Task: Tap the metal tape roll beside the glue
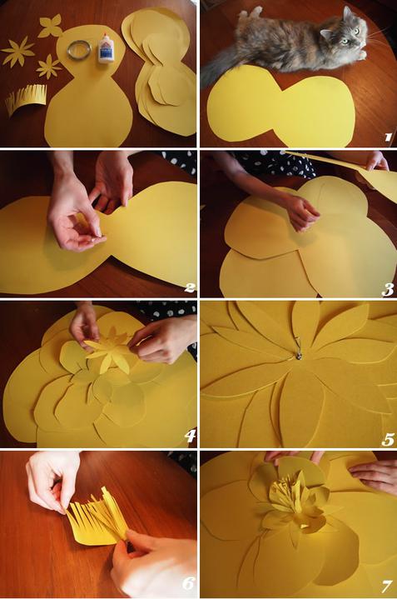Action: coord(80,50)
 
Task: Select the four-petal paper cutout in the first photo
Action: coord(50,26)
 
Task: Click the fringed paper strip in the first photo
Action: coord(27,100)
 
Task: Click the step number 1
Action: coord(388,137)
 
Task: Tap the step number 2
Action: coord(190,287)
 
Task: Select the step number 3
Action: coord(388,290)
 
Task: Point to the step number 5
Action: coord(388,440)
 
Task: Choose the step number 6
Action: coord(188,583)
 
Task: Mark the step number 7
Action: coord(386,586)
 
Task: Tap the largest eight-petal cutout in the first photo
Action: coord(17,52)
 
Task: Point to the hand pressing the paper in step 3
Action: coord(304,211)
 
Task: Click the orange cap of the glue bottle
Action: coord(105,37)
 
